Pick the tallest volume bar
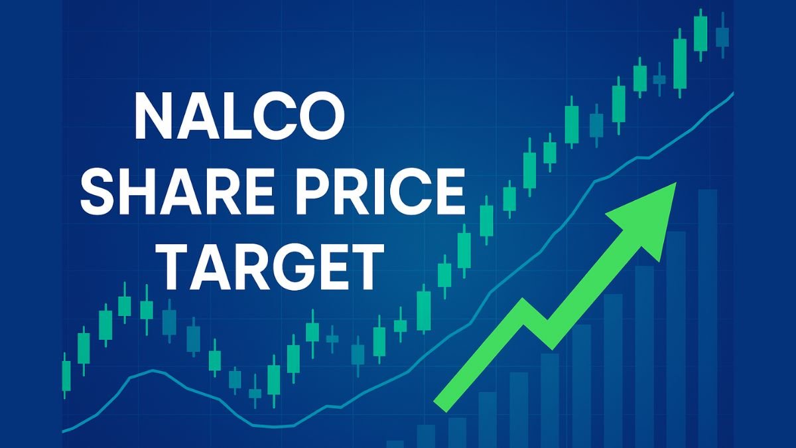pyautogui.click(x=707, y=319)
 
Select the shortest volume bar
pyautogui.click(x=396, y=443)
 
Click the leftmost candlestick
pyautogui.click(x=66, y=375)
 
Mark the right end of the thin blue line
pyautogui.click(x=732, y=94)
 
